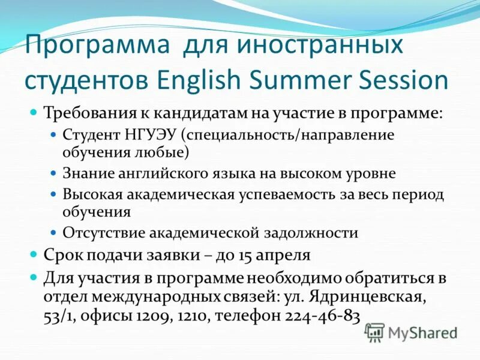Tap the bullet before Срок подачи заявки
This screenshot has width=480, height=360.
tap(34, 254)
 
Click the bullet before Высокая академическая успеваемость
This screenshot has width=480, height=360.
tap(53, 194)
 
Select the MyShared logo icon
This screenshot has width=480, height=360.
tap(374, 332)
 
